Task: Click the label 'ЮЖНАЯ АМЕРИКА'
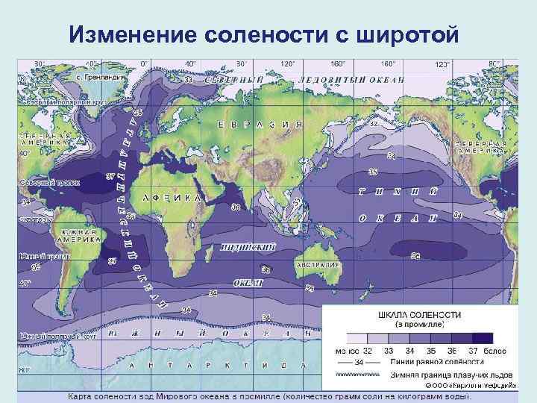pyautogui.click(x=75, y=236)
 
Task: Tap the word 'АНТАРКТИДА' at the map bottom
pyautogui.click(x=216, y=366)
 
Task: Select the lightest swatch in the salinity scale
pyautogui.click(x=357, y=338)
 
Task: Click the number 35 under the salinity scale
pyautogui.click(x=428, y=350)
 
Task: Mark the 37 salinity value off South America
pyautogui.click(x=112, y=261)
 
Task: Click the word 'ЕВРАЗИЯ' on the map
pyautogui.click(x=260, y=125)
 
